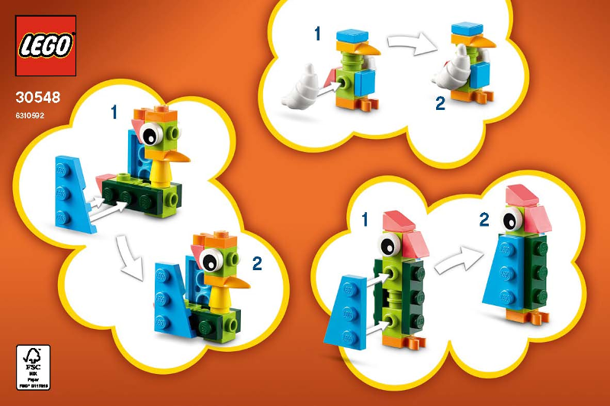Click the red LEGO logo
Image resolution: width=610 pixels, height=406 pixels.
tap(46, 45)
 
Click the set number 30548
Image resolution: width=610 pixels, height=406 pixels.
tap(36, 98)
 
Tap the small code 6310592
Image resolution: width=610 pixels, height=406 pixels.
tap(30, 116)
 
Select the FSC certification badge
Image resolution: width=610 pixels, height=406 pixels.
tap(33, 367)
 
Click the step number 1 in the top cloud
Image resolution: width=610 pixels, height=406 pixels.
tap(317, 34)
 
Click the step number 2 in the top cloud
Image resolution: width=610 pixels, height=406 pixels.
tap(440, 103)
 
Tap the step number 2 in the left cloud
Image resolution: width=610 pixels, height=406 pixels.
tap(257, 264)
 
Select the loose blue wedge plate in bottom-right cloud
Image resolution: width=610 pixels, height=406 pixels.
tap(347, 309)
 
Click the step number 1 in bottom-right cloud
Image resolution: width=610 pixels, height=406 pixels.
tap(364, 221)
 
